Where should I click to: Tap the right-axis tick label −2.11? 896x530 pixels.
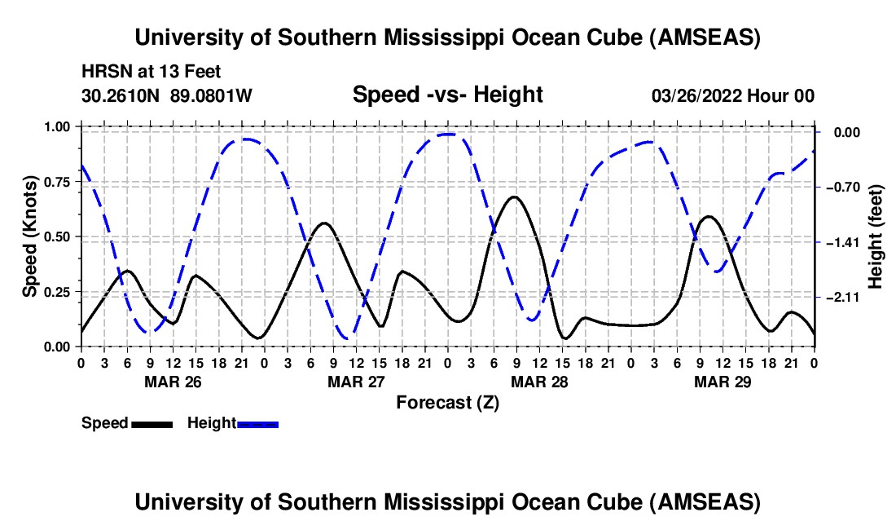pos(842,298)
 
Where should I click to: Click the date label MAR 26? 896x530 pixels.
pos(172,382)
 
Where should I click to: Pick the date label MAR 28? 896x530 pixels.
pos(538,382)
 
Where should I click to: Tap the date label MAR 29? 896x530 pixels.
pos(722,382)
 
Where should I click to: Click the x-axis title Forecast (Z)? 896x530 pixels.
pos(447,402)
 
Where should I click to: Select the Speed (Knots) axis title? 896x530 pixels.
pos(30,236)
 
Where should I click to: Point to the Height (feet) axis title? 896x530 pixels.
pos(876,236)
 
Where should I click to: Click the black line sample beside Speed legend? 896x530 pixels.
pos(152,424)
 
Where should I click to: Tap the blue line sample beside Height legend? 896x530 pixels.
pos(258,424)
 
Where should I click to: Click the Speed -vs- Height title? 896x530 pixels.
pos(447,95)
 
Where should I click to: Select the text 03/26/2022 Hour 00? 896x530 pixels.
pos(733,96)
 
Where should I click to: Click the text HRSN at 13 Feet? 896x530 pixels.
pos(152,72)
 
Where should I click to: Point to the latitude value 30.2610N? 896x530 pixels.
pos(122,96)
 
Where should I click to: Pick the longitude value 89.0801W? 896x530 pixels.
pos(211,96)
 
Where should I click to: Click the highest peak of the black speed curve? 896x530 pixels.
pos(513,197)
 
